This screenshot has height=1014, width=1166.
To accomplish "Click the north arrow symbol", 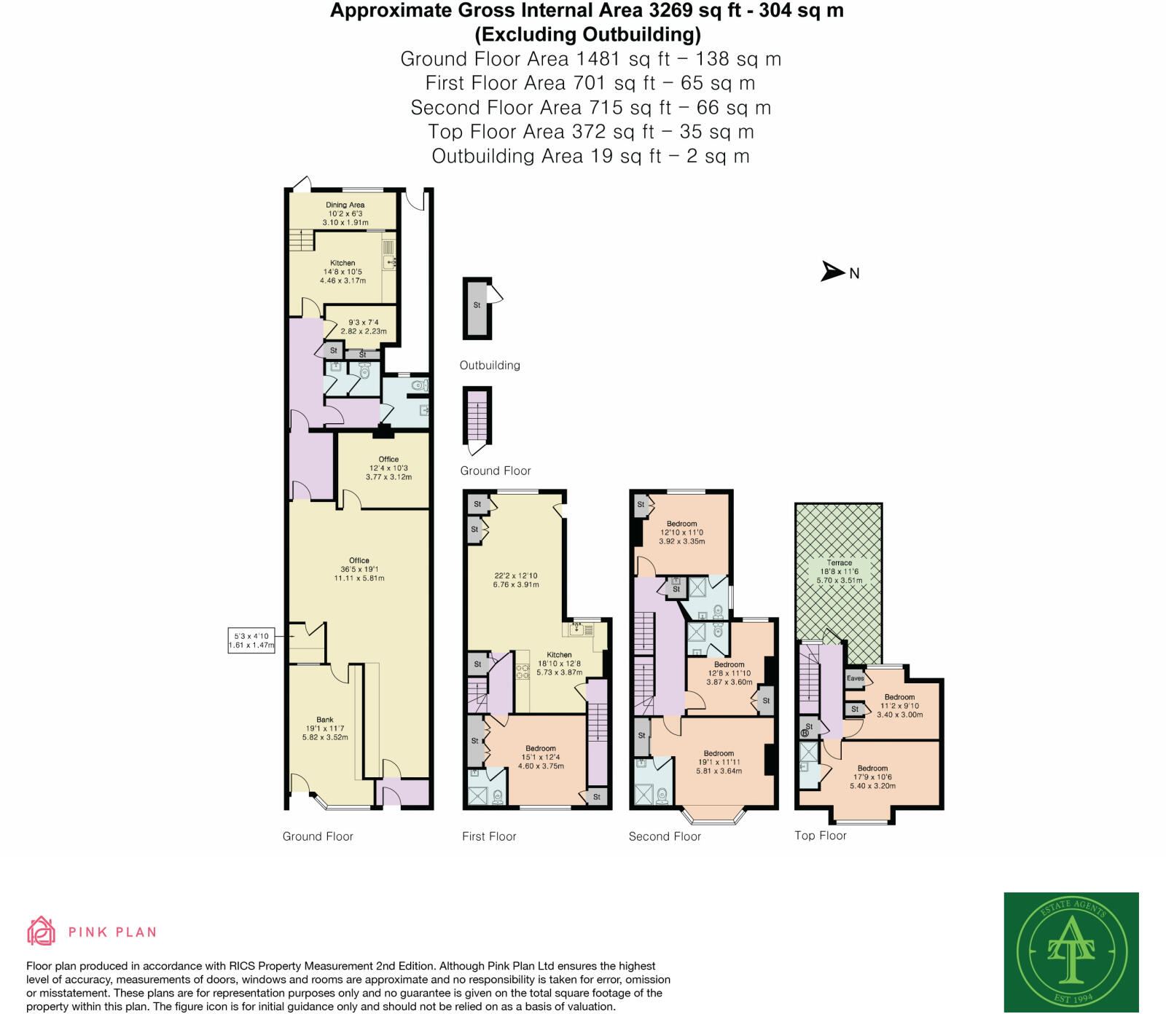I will coord(833,271).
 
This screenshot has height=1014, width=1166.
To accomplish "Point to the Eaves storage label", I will coord(856,678).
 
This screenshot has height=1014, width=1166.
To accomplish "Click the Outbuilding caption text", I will coord(490,365).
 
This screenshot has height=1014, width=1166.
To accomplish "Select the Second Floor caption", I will coord(665,836).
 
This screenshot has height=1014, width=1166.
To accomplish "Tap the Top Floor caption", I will coord(821,836).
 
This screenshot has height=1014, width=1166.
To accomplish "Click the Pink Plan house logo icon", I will coord(42,931).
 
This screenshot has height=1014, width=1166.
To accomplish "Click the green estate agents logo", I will coord(1071,951).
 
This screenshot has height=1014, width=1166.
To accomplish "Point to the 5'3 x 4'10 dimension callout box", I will coord(252,640).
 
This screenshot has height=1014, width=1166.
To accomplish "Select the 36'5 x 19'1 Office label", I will coord(359,569).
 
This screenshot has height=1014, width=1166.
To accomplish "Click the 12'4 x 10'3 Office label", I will coord(388,468).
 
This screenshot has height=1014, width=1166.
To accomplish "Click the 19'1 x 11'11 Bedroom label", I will coord(719,762).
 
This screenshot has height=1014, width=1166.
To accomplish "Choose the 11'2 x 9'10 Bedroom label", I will coord(899,705).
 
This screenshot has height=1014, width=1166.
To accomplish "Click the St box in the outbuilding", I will coord(477,306).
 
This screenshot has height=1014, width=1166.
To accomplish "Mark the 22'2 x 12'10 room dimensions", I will coord(516,580).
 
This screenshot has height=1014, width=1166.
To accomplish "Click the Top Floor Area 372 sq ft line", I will coord(590,132).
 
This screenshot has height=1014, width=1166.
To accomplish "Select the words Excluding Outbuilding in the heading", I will coord(587,34).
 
